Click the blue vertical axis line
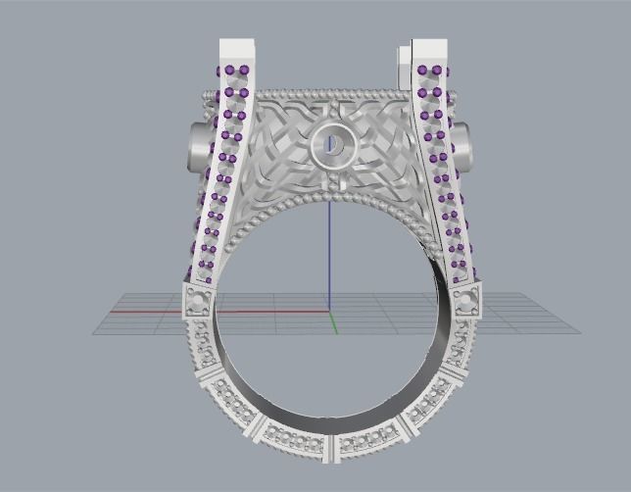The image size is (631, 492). (x=330, y=255)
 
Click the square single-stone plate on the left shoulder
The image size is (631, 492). (x=200, y=299)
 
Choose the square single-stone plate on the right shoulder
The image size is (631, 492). (x=465, y=298)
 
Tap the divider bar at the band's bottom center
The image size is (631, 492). (x=332, y=448)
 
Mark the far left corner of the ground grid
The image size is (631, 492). (x=93, y=333)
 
